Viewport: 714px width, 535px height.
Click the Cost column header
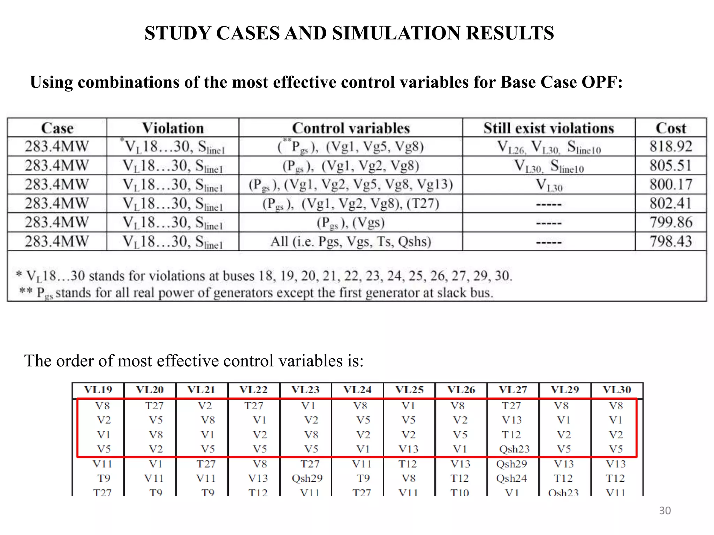click(670, 128)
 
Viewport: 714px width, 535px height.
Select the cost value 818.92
click(670, 147)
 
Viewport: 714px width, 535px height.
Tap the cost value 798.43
click(670, 241)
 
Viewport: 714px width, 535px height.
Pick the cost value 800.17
click(670, 185)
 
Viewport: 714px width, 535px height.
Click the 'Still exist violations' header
click(548, 128)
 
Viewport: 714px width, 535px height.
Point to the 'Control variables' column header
click(351, 128)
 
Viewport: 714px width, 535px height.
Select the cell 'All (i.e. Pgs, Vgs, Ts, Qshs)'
click(351, 241)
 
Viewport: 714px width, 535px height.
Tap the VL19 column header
click(98, 390)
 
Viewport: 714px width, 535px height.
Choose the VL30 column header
click(617, 390)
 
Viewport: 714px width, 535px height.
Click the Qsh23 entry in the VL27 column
click(514, 449)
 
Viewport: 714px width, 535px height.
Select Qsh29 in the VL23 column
click(307, 478)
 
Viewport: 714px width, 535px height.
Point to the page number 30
click(665, 511)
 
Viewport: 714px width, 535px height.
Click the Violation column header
click(173, 128)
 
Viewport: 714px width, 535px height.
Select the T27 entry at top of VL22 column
click(253, 406)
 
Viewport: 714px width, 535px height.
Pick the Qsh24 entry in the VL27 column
click(511, 478)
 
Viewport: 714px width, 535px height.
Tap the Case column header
click(57, 128)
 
